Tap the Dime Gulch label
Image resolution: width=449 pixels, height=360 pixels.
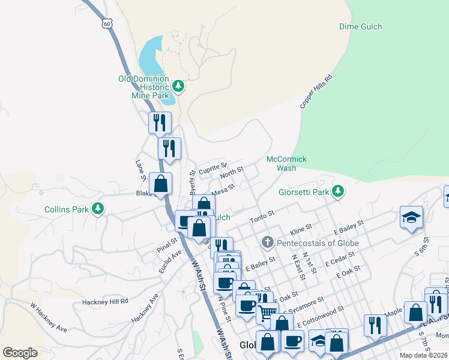[x=360, y=26]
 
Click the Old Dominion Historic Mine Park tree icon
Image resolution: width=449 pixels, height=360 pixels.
[x=178, y=87]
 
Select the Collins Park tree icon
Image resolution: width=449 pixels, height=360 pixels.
[x=96, y=209]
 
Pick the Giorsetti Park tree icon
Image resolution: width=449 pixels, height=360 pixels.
[x=339, y=191]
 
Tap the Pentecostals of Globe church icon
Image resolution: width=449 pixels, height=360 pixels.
[x=268, y=242]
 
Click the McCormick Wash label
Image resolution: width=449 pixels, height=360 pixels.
[x=286, y=163]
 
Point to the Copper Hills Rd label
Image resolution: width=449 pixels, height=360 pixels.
[x=316, y=92]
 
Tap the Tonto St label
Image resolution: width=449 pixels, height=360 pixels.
[x=262, y=217]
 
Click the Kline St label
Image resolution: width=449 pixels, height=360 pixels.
[x=301, y=230]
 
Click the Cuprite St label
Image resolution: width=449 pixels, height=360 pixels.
[x=212, y=167]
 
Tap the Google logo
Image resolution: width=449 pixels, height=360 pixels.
[x=20, y=352]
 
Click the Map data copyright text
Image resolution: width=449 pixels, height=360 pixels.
[x=423, y=355]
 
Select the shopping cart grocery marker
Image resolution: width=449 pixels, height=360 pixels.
[x=267, y=311]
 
